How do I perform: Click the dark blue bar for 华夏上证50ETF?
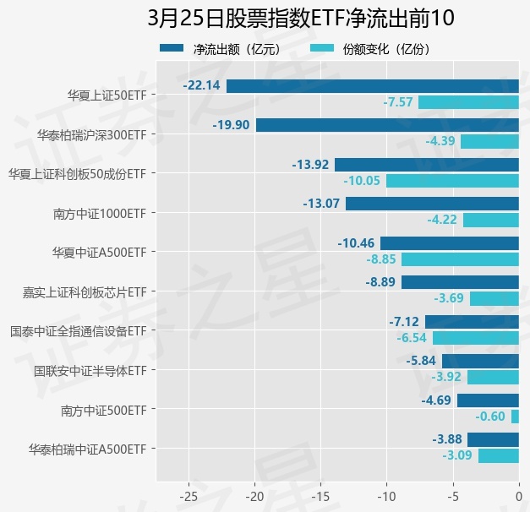[x=372, y=85]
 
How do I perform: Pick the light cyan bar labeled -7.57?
[x=468, y=102]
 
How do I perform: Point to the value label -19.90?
[x=232, y=125]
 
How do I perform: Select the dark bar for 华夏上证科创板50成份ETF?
[x=426, y=164]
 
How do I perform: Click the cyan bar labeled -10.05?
[x=452, y=181]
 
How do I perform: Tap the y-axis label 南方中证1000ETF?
[x=99, y=213]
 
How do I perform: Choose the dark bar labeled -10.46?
[x=449, y=243]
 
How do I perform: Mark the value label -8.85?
[x=381, y=259]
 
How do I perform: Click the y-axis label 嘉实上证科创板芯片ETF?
[x=85, y=291]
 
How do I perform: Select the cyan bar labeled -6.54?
[x=475, y=338]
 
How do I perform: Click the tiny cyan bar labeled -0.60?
[x=515, y=417]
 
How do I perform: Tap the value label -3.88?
[x=447, y=439]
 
